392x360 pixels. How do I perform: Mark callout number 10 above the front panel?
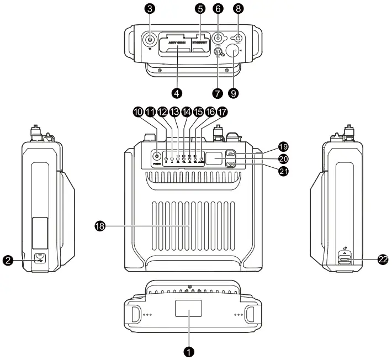click(137, 112)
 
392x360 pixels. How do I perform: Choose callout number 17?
click(223, 112)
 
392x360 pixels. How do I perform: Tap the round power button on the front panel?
click(157, 157)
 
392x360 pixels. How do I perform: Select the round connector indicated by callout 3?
click(150, 40)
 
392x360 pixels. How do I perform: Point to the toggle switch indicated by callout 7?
click(218, 53)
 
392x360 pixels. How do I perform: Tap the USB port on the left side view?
click(40, 258)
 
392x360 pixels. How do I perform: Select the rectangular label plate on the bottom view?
click(189, 309)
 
